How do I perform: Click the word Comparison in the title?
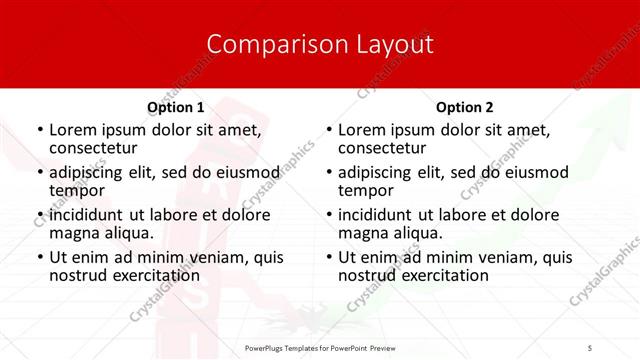click(262, 45)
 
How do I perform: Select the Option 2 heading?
click(464, 107)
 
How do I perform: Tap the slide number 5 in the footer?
click(589, 347)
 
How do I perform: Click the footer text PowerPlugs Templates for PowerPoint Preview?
click(319, 347)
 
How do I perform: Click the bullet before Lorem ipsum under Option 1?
click(39, 130)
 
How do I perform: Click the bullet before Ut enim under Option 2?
click(328, 257)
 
